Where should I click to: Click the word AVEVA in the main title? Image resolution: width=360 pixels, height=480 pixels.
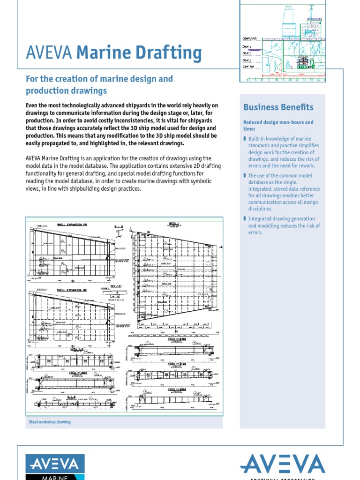tap(49, 53)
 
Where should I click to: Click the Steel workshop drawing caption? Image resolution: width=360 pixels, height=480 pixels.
tap(50, 422)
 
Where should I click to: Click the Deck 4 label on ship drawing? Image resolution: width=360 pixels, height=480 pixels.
tap(247, 47)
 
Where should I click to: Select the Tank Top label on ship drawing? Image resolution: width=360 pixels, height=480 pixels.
tap(248, 67)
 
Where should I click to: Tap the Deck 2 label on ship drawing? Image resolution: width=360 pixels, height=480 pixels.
tap(247, 60)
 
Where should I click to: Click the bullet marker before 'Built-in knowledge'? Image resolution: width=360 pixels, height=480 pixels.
tap(245, 139)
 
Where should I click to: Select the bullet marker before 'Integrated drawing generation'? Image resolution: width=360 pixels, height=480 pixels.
tap(245, 219)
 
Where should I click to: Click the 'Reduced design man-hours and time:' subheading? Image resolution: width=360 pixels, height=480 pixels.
tap(278, 125)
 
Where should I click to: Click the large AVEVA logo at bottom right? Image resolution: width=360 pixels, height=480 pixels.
tap(282, 464)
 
